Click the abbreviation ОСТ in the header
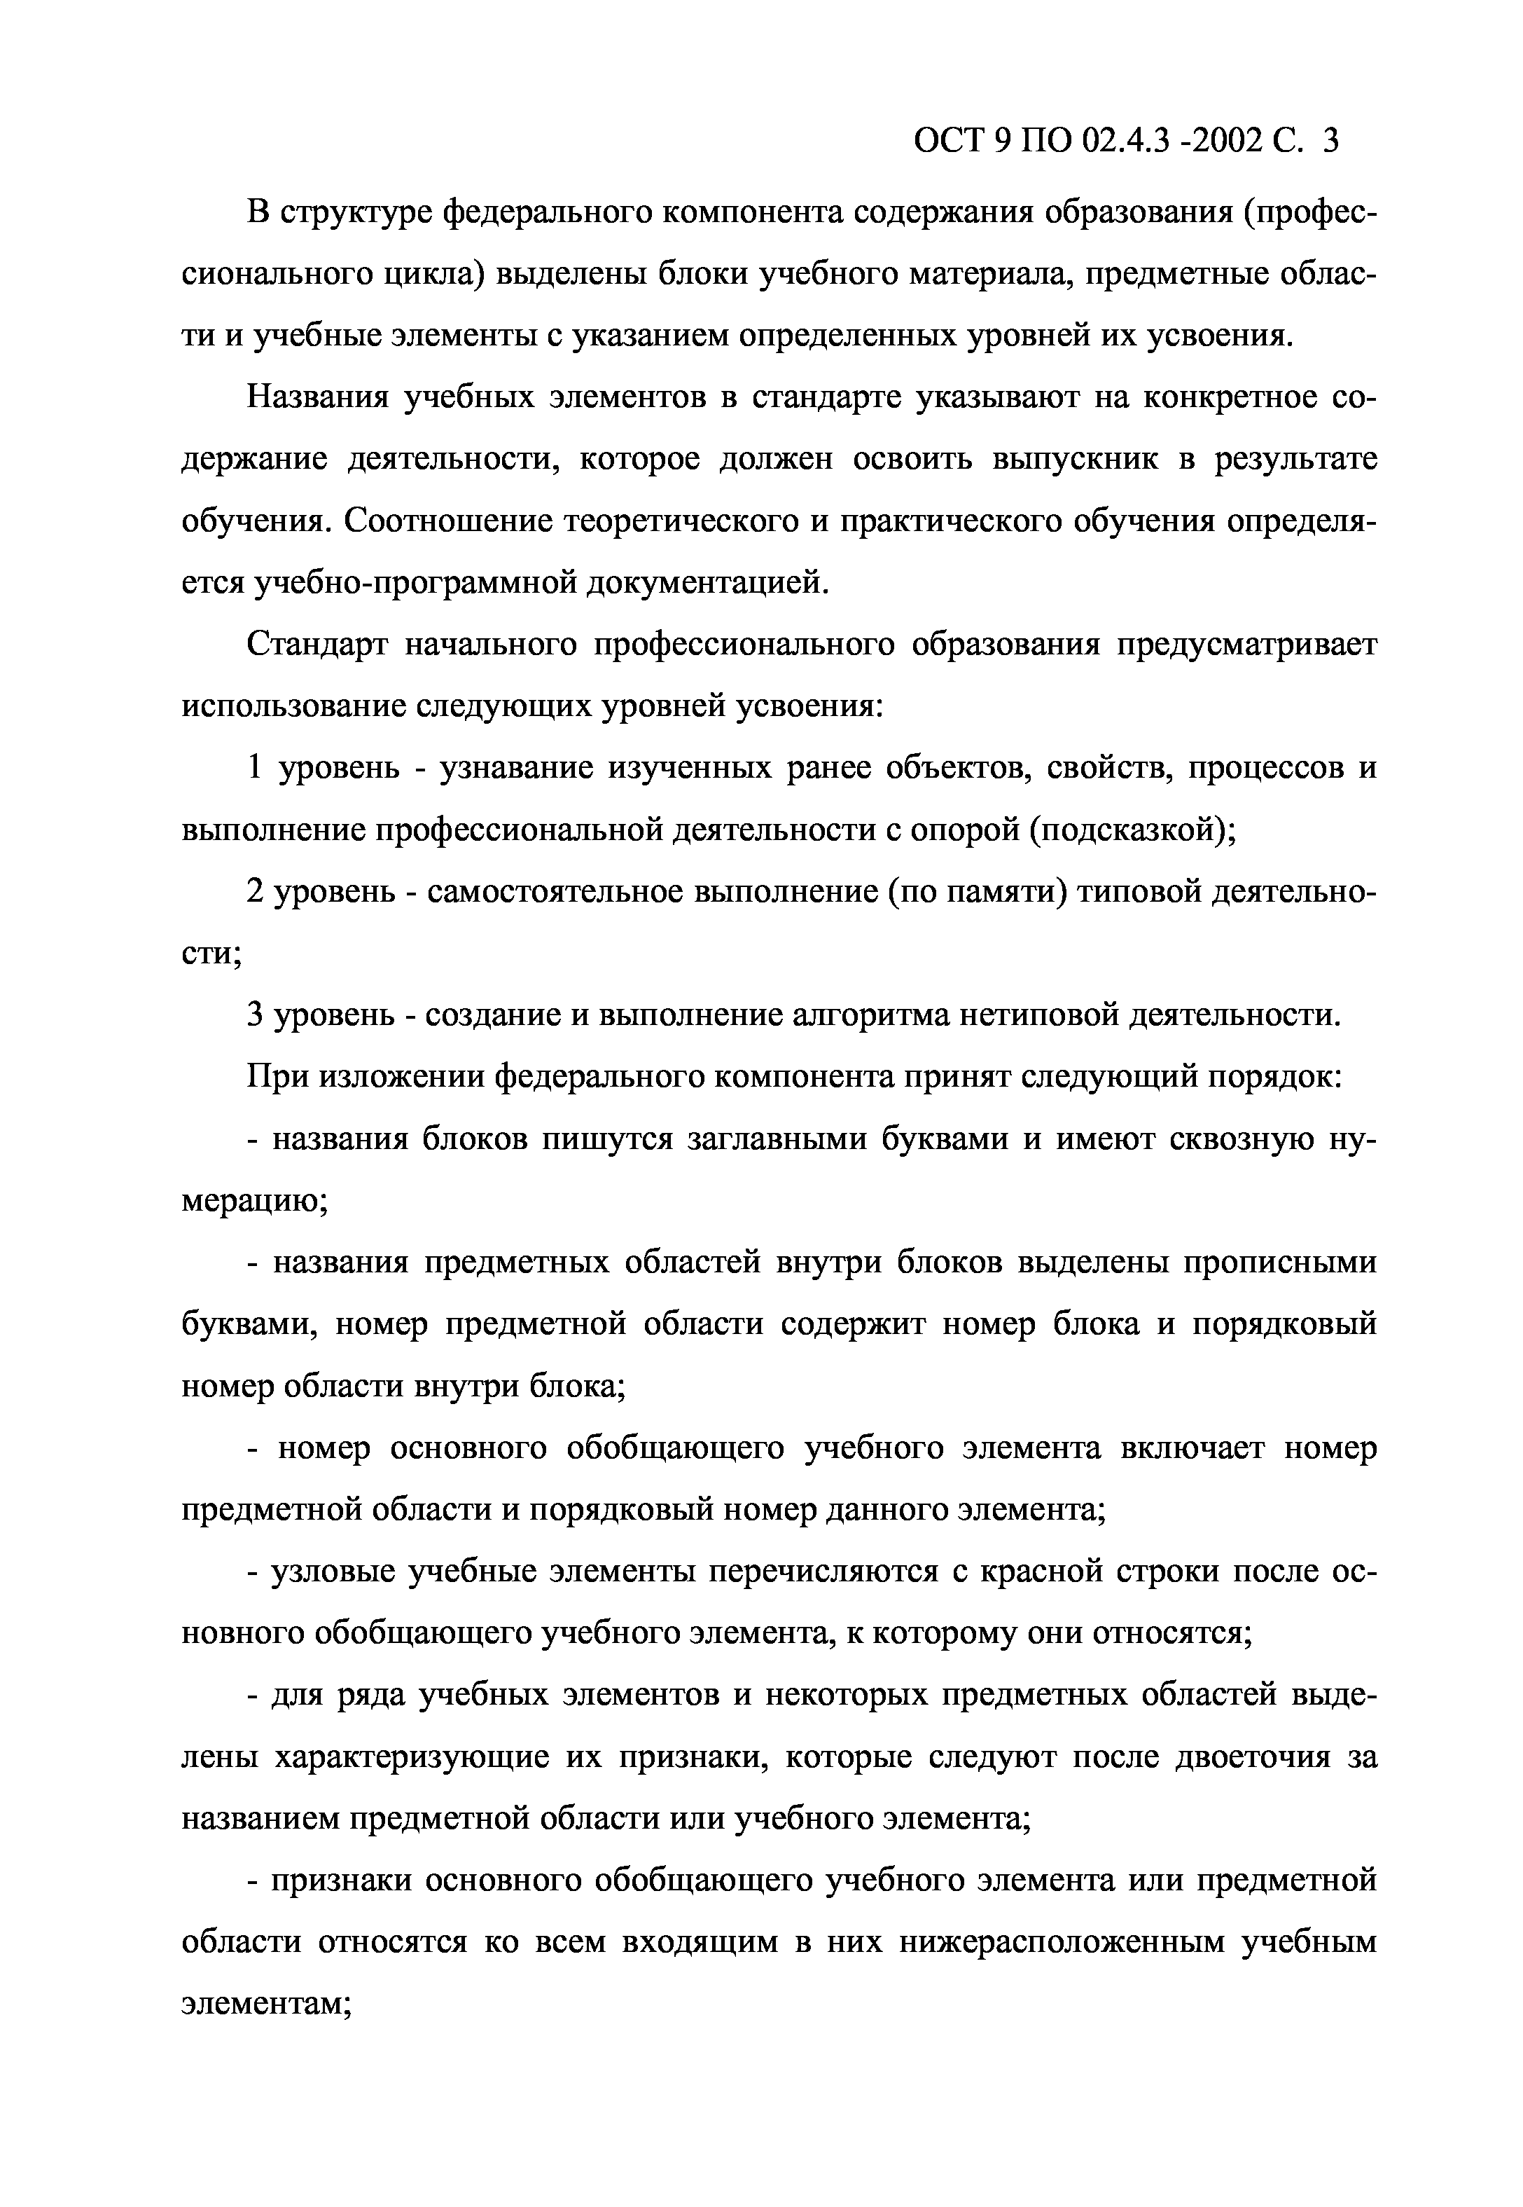point(950,142)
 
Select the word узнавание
point(511,769)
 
